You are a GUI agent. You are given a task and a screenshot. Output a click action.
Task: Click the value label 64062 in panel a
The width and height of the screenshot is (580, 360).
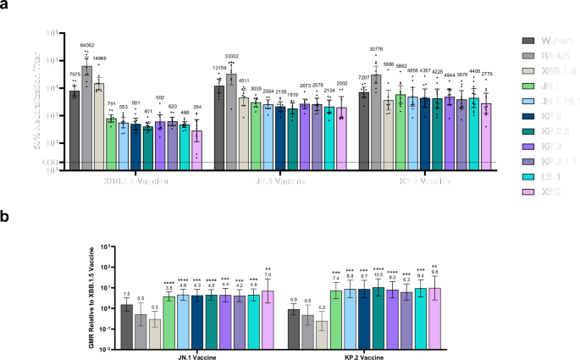point(86,45)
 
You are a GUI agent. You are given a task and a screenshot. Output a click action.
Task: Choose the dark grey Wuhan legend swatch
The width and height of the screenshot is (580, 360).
point(527,40)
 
